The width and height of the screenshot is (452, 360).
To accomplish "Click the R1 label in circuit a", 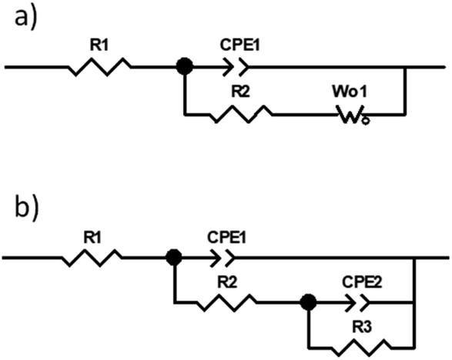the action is [99, 45].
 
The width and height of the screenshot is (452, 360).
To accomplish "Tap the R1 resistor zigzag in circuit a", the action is [99, 67].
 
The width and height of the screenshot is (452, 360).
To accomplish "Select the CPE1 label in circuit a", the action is [239, 45].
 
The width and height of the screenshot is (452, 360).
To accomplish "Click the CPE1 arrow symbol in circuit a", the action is [236, 67].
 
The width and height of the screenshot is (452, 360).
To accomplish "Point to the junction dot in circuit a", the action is [185, 66].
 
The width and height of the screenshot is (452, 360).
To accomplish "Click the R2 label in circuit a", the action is [241, 92].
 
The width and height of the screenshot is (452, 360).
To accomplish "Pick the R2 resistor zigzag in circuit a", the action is [241, 115].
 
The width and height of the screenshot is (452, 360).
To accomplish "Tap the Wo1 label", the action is [350, 92].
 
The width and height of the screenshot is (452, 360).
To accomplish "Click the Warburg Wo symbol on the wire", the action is [353, 115].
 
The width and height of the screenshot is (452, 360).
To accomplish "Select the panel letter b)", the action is [26, 208].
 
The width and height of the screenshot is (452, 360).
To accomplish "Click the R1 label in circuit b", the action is [92, 238].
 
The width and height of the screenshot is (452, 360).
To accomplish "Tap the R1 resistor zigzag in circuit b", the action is [92, 258].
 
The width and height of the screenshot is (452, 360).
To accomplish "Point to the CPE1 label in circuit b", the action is [226, 238].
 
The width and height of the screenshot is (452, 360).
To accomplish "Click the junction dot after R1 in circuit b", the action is [174, 257].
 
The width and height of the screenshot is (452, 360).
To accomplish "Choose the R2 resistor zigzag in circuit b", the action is [226, 302].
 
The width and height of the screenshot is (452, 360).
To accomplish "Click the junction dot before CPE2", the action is [308, 302].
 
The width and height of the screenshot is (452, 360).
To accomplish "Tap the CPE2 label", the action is [362, 282].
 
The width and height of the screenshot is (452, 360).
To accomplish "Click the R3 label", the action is [363, 327].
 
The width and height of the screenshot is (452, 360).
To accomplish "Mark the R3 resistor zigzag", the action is [361, 348].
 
